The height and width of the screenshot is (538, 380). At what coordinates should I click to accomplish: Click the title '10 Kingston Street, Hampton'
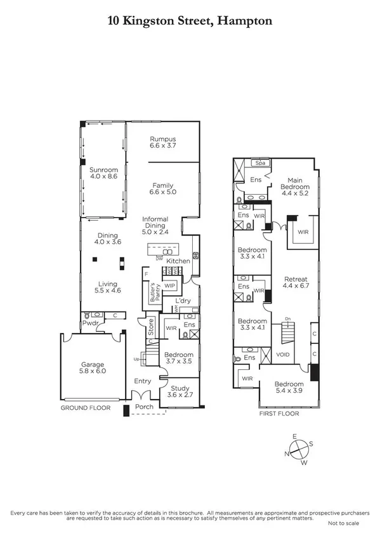(x=190, y=21)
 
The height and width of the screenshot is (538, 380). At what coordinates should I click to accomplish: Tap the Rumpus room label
(x=162, y=142)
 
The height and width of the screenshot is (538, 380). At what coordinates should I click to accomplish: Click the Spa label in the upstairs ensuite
(x=259, y=163)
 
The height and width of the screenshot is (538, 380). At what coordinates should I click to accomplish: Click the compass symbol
(x=298, y=447)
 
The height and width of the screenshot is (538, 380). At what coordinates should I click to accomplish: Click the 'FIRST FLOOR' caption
(x=278, y=413)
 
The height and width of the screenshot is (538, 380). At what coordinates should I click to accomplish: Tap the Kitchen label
(x=178, y=261)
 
